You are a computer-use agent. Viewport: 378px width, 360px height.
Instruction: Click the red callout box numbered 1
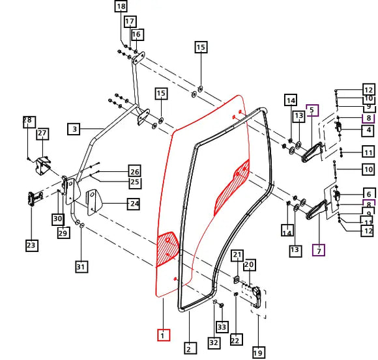coord(164,335)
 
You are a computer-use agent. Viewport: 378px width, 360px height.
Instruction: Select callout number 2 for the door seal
coord(190,348)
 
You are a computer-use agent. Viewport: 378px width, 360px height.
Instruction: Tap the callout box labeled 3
coord(74,129)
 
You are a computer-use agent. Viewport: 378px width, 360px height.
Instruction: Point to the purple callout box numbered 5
coord(312,110)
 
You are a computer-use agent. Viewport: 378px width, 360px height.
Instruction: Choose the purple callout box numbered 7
coord(319,250)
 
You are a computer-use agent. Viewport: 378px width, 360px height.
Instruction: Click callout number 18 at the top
coord(121,7)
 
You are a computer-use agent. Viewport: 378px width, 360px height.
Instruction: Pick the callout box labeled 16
coord(138,35)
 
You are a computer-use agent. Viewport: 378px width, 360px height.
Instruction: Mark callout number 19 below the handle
coord(259,353)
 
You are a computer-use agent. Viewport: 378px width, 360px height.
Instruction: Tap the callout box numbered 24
coord(134,204)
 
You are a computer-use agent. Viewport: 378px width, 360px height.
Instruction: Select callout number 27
coord(42,134)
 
